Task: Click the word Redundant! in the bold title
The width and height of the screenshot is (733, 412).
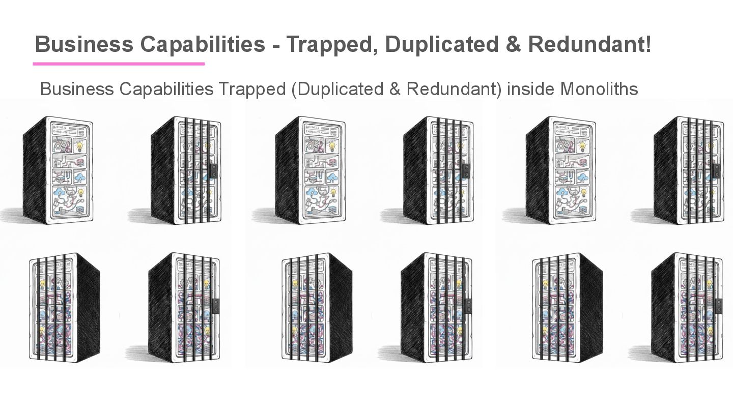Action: point(589,45)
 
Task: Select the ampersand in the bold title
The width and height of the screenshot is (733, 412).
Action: point(515,45)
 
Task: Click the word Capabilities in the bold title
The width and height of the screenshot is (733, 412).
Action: point(203,45)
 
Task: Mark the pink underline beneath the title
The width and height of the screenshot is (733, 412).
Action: point(119,64)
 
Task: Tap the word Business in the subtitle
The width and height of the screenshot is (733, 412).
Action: point(76,89)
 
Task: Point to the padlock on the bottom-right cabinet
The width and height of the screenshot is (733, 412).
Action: point(719,306)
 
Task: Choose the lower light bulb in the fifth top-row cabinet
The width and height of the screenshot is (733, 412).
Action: point(583,192)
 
